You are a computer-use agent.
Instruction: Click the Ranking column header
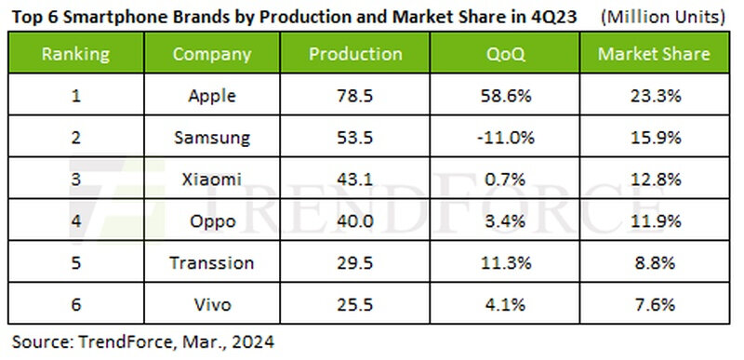75,54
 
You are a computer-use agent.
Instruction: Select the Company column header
212,55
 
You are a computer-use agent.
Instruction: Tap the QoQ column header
505,55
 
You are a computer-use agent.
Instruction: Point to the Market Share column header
654,54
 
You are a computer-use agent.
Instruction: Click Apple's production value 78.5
355,97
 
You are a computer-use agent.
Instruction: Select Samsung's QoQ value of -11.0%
506,138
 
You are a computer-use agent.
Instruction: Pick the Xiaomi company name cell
212,180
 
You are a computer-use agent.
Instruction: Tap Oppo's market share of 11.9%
654,221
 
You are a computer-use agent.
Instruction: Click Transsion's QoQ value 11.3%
505,262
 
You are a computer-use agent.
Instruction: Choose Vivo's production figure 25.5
355,304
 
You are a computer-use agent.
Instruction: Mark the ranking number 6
75,304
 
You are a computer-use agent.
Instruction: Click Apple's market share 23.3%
654,97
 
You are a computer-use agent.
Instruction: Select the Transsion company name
212,262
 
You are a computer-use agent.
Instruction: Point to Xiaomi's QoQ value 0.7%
505,180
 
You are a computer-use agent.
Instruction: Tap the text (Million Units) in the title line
663,18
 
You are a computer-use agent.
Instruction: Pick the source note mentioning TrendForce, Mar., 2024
143,341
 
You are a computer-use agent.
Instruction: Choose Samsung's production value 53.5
355,138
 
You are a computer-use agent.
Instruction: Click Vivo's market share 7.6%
654,304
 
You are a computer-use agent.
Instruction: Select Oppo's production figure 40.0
355,221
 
